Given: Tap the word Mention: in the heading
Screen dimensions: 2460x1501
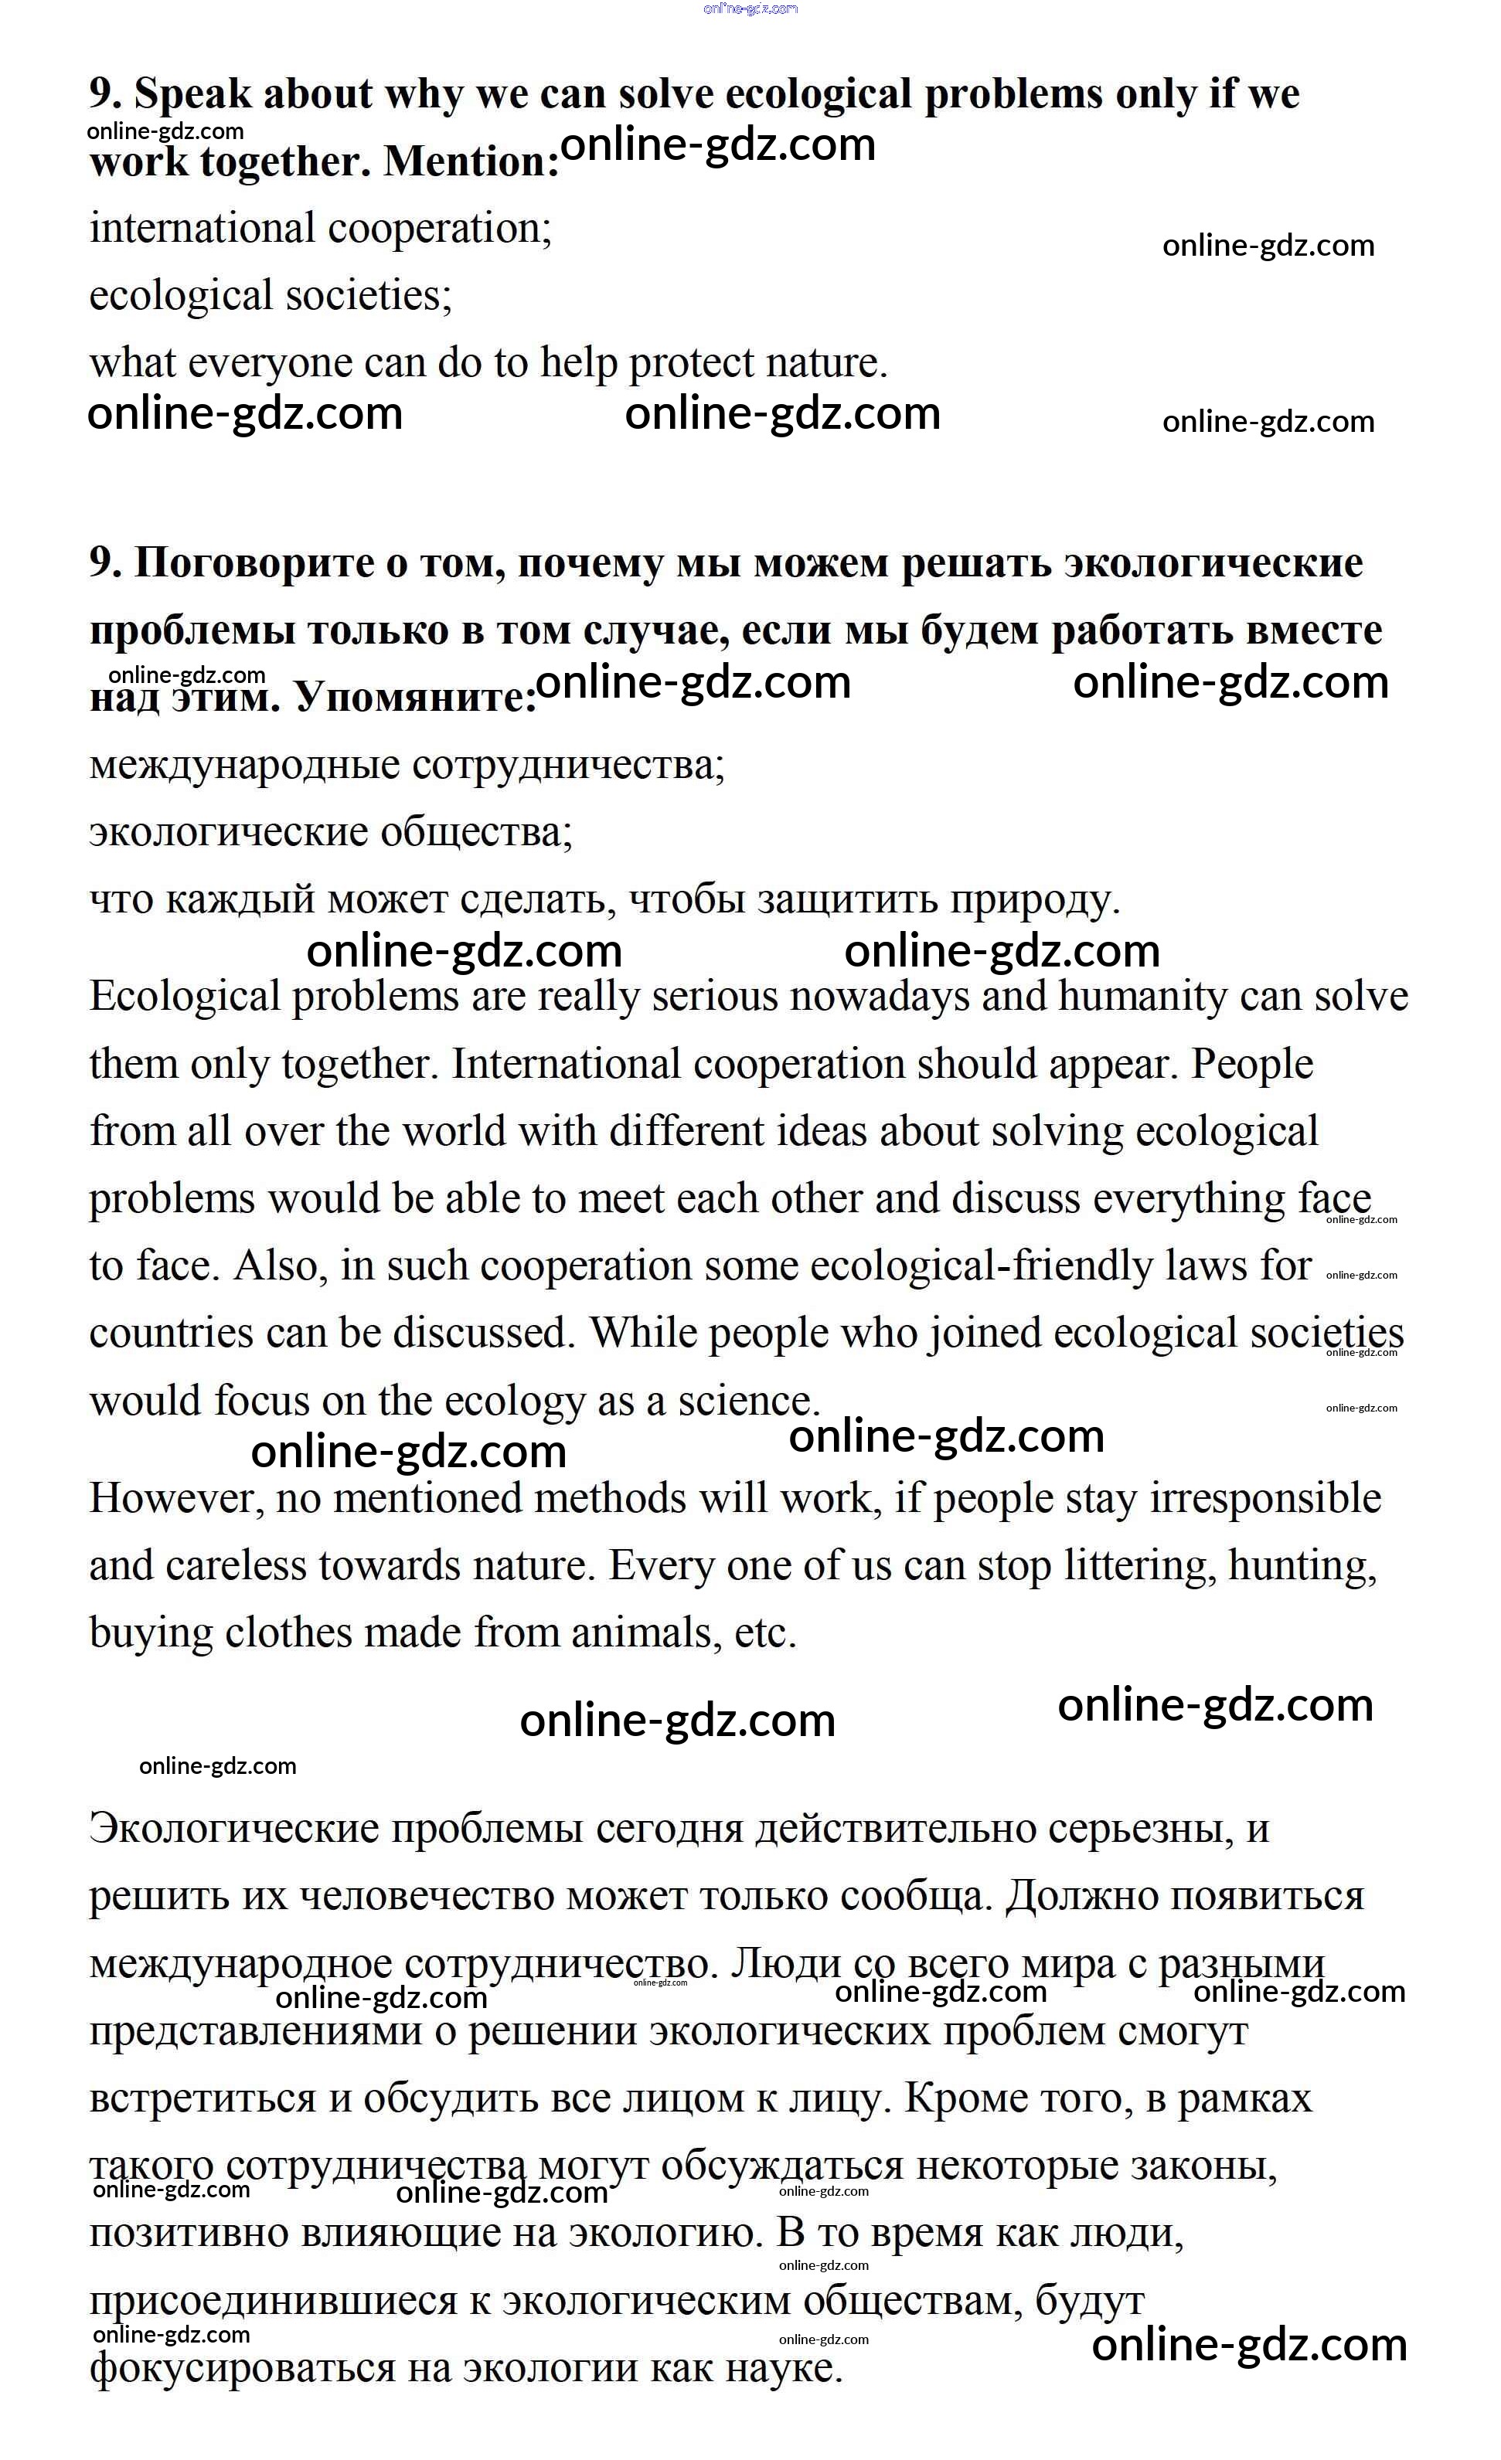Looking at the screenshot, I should pyautogui.click(x=471, y=161).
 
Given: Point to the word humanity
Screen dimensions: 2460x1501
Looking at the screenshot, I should pyautogui.click(x=1142, y=997).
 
